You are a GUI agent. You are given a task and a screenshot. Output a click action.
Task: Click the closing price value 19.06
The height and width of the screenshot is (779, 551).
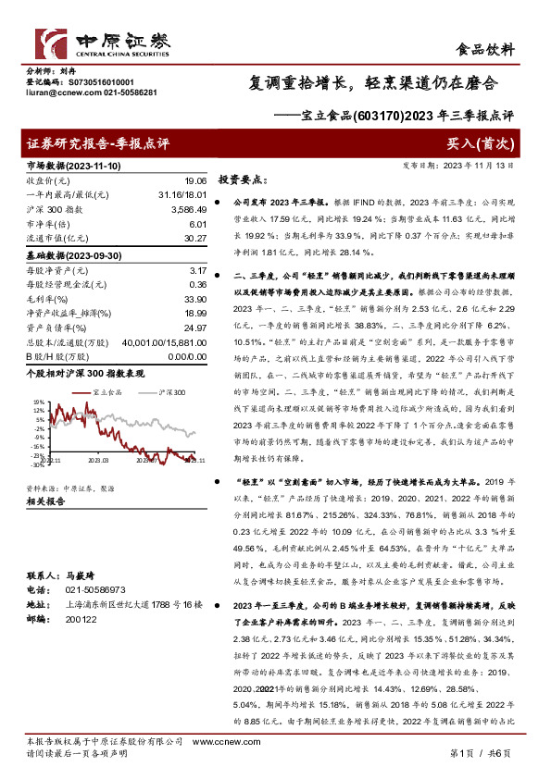tap(194, 181)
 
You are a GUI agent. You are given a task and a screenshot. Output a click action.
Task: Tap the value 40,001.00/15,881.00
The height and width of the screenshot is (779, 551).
tap(163, 341)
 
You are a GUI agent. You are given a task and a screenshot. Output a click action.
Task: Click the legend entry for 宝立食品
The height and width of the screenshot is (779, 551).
tap(107, 393)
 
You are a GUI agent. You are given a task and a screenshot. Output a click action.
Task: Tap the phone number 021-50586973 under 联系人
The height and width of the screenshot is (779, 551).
tap(92, 588)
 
